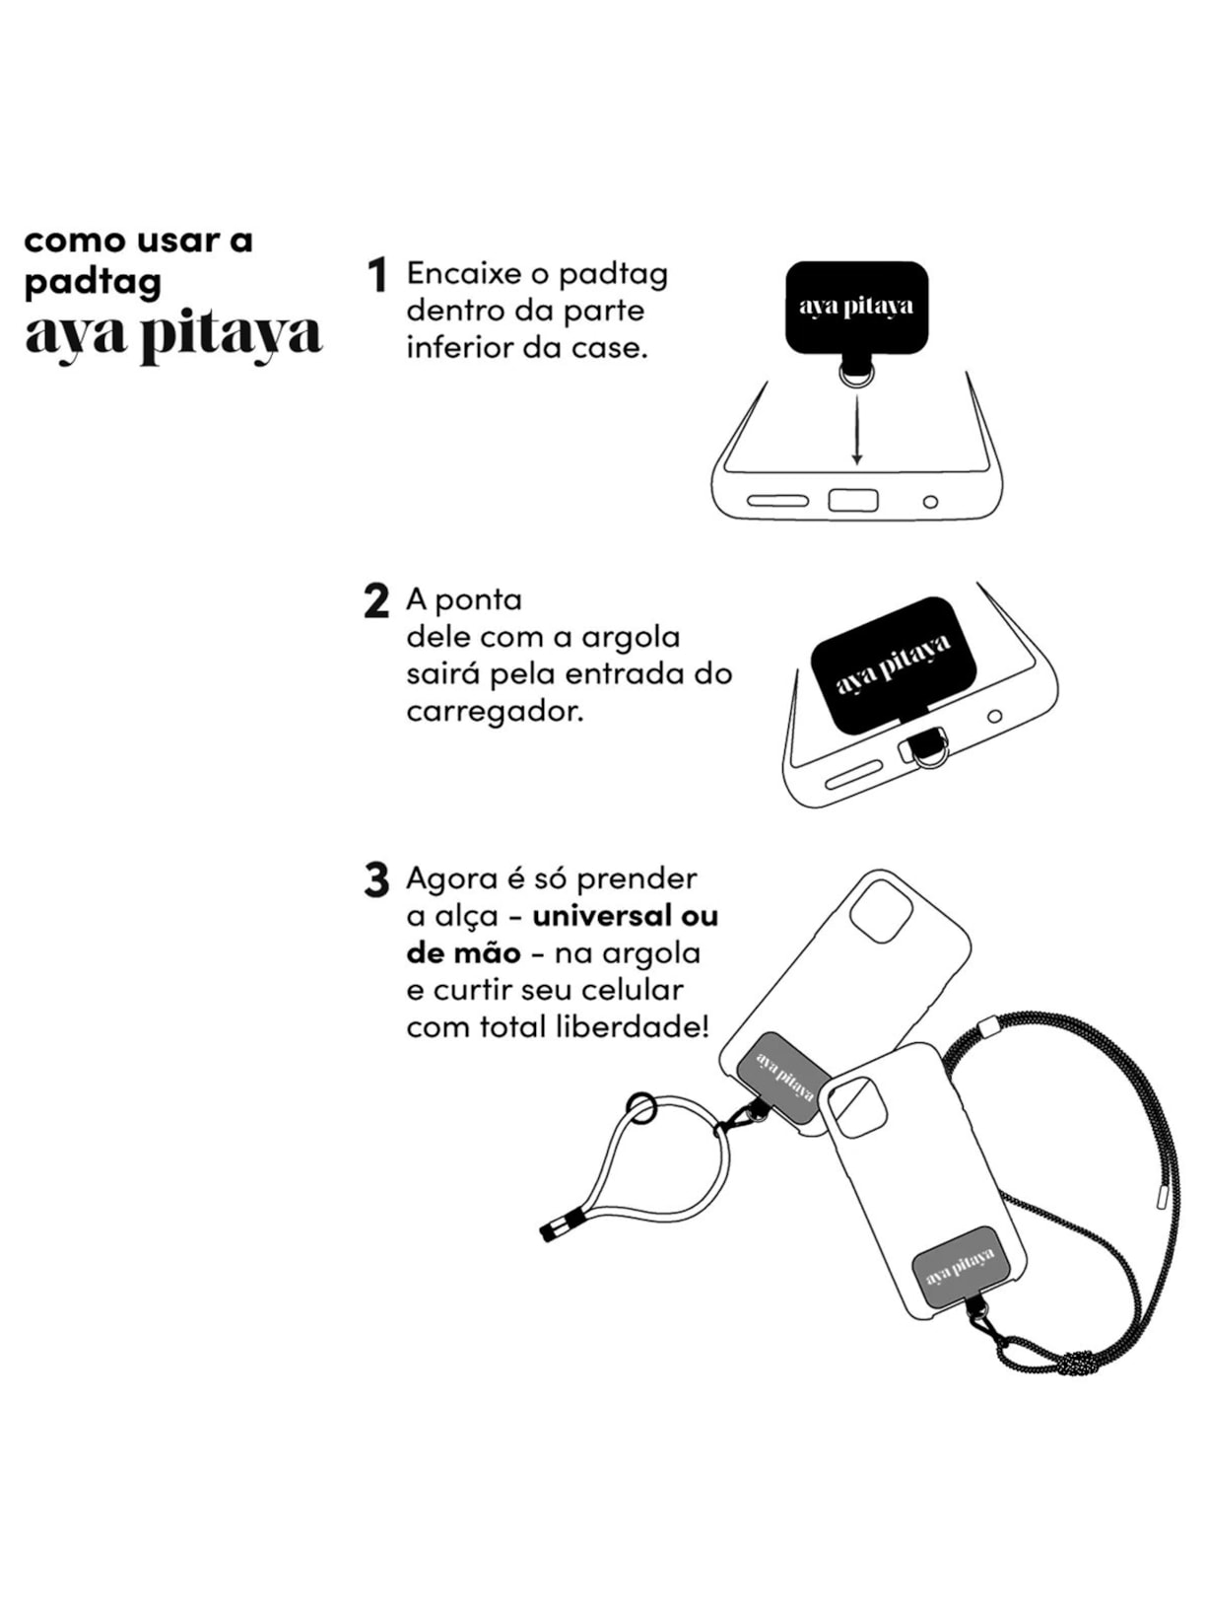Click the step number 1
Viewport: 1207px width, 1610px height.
click(376, 275)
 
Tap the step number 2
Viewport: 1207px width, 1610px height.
click(376, 601)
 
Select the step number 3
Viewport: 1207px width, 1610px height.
click(376, 880)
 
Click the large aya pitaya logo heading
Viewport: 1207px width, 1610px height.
click(173, 335)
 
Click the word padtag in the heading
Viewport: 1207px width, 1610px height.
click(93, 283)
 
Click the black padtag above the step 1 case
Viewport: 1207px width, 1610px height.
click(856, 307)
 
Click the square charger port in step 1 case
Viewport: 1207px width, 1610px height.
click(852, 500)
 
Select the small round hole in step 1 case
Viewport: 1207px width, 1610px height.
click(930, 502)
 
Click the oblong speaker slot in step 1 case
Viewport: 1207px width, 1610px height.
click(777, 501)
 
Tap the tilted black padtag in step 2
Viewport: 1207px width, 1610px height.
click(893, 664)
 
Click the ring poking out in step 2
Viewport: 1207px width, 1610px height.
click(926, 748)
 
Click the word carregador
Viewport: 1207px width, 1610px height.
click(495, 711)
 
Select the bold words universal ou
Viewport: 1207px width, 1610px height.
click(625, 916)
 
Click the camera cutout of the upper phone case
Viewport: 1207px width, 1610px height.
click(880, 911)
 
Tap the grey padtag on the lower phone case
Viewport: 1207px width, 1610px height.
click(961, 1271)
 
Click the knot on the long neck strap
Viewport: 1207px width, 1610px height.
click(1077, 1365)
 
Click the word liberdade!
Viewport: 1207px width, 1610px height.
click(632, 1027)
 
